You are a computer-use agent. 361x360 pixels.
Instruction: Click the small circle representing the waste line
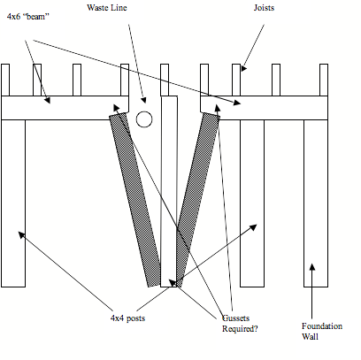click(144, 119)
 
